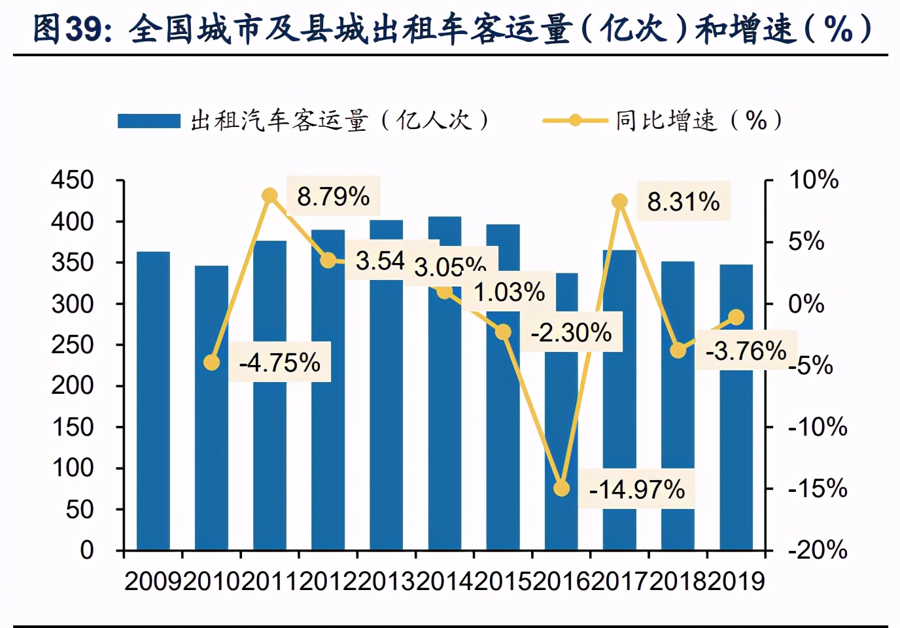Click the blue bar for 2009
[153, 400]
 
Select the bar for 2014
[445, 419]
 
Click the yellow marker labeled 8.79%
[269, 196]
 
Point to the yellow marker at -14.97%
[561, 489]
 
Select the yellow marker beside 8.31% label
[619, 201]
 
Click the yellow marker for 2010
[211, 362]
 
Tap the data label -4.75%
[280, 362]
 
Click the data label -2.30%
[571, 332]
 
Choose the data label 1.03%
[509, 292]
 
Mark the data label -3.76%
[746, 351]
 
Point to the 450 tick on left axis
[73, 180]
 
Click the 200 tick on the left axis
[73, 386]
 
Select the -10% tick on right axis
[817, 427]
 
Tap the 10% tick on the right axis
[813, 180]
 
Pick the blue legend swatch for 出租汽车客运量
[148, 121]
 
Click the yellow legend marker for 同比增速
[575, 120]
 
